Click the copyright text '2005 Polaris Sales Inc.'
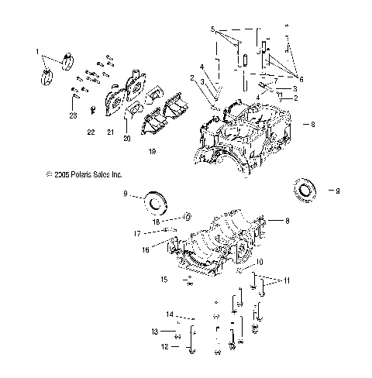(x=84, y=176)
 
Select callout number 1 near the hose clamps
(x=36, y=51)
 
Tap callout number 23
(x=72, y=115)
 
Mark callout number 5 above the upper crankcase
(x=212, y=28)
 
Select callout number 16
(x=145, y=250)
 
